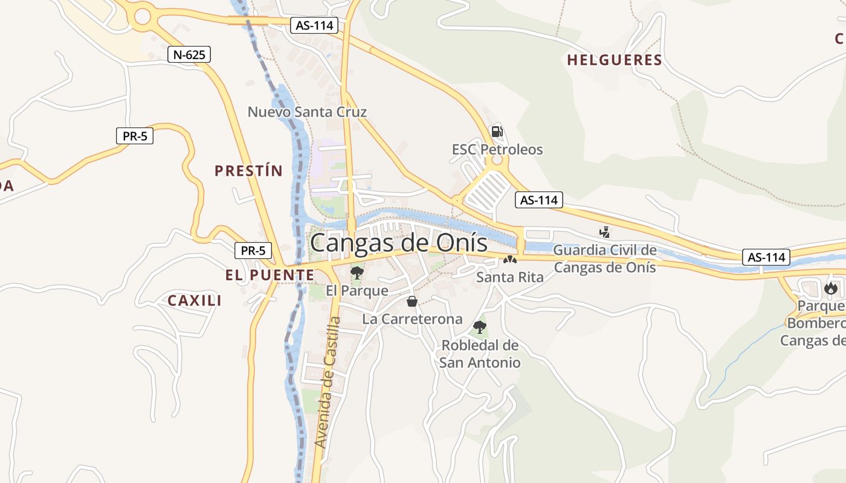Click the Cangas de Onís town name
point(398,243)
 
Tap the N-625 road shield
point(189,55)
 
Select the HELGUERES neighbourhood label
point(615,60)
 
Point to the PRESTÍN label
point(248,171)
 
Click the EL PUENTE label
point(270,275)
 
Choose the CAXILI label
point(195,300)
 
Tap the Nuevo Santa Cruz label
point(307,112)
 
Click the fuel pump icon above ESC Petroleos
point(497,131)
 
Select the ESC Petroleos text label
point(497,149)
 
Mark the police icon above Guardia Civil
point(604,231)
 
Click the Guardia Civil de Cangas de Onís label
point(605,258)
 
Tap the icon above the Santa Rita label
point(509,260)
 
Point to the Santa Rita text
point(509,277)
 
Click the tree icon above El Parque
point(357,272)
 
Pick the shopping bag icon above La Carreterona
point(412,301)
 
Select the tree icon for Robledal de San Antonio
point(480,327)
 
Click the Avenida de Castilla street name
point(328,383)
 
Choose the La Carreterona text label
point(412,319)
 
